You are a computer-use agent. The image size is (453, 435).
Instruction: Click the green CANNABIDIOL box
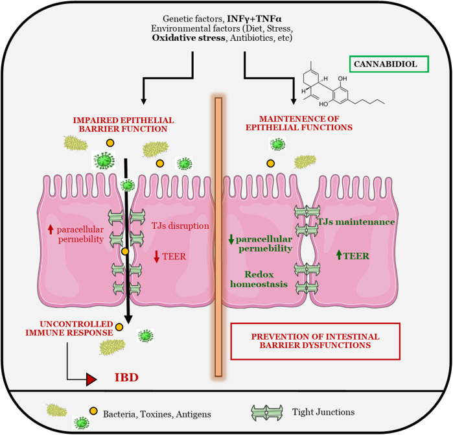pos(388,64)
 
